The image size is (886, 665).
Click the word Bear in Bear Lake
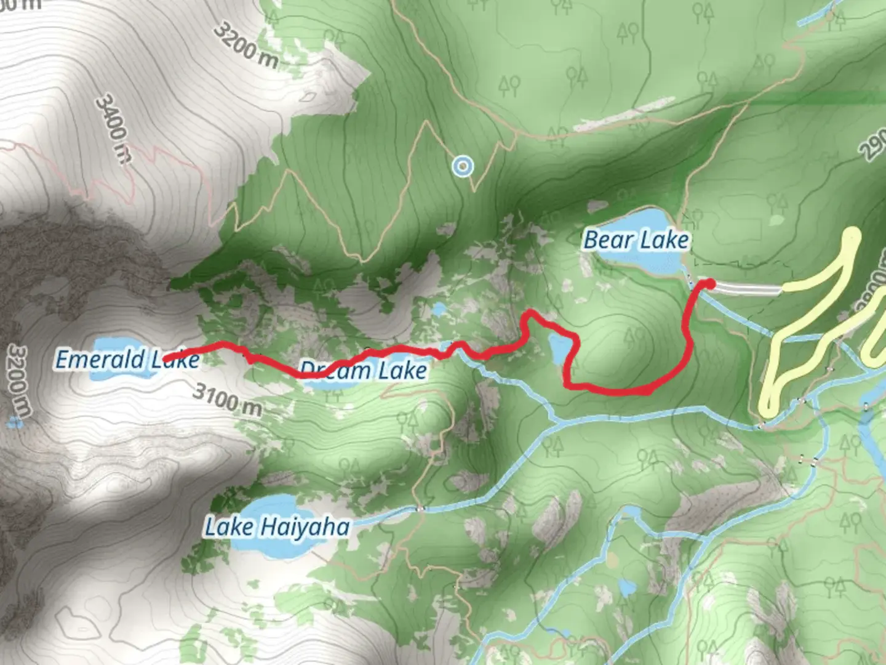607,240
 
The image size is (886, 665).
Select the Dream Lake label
363,370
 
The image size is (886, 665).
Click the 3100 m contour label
227,399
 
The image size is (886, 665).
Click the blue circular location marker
462,166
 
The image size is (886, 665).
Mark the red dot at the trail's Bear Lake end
709,283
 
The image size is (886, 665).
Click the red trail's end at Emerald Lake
167,357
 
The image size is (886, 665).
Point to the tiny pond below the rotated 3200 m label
14,423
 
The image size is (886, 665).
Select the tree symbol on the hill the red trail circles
631,336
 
